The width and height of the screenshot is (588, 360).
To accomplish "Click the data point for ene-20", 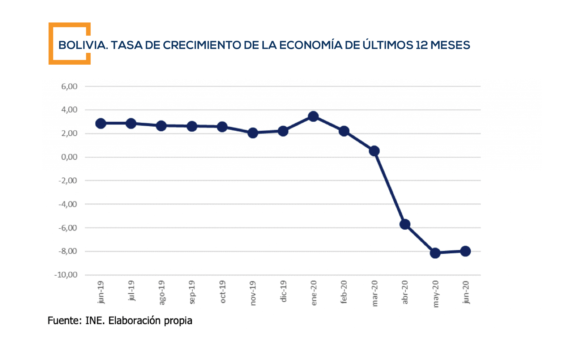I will pos(313,116).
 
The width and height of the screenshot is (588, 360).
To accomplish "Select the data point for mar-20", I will pos(374,151).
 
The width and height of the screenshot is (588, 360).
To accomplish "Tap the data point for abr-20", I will pos(405,224).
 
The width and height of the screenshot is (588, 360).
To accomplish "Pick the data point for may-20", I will pos(435,253).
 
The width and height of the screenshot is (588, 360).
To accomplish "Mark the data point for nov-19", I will pos(253,133).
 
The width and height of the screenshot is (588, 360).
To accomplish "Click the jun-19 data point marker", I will pos(100,123).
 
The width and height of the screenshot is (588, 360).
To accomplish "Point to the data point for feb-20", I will pos(344,131).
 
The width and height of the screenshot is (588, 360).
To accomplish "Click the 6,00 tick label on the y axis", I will pos(69,86).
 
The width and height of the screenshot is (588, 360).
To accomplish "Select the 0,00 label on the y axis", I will pos(69,157).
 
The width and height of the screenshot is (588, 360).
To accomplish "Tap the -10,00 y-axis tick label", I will pos(66,275).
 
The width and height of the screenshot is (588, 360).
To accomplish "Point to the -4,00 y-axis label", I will pos(68,204).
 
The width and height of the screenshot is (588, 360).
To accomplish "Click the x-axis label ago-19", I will pos(162,292).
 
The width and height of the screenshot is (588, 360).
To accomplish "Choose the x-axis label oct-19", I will pos(223,292).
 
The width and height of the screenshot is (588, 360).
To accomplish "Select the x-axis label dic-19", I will pos(283,291).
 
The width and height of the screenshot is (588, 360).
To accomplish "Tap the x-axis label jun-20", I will pos(466,292).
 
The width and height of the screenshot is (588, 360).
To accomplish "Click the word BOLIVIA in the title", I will pos(83,45).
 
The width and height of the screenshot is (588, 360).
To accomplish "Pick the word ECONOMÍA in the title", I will pos(311,45).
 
